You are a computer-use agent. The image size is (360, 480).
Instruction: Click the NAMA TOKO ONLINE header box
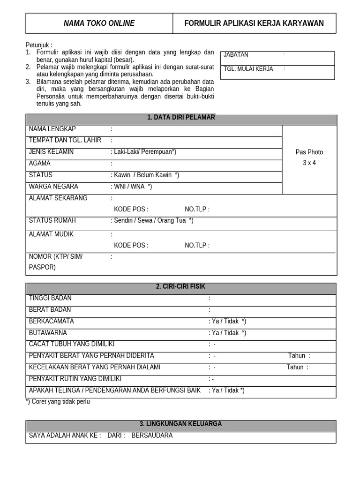tap(99, 23)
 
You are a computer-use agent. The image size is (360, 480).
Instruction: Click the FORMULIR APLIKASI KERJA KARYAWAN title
tap(254, 23)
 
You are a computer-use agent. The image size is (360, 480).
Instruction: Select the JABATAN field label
tap(236, 55)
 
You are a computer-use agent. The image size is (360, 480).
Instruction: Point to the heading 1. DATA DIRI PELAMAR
tap(181, 118)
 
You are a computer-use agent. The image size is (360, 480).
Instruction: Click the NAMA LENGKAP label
tap(52, 129)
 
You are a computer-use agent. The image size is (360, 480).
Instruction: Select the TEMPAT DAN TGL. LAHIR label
tap(65, 140)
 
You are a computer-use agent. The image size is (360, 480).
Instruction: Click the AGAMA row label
tap(40, 164)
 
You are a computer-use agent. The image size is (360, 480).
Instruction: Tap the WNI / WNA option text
tap(133, 187)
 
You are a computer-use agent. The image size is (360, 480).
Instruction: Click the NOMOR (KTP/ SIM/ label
tap(55, 256)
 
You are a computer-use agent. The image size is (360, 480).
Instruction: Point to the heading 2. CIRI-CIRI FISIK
tap(181, 286)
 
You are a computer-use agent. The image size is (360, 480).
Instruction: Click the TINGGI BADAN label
tap(50, 298)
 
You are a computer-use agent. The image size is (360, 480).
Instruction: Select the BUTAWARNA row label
tap(48, 333)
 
